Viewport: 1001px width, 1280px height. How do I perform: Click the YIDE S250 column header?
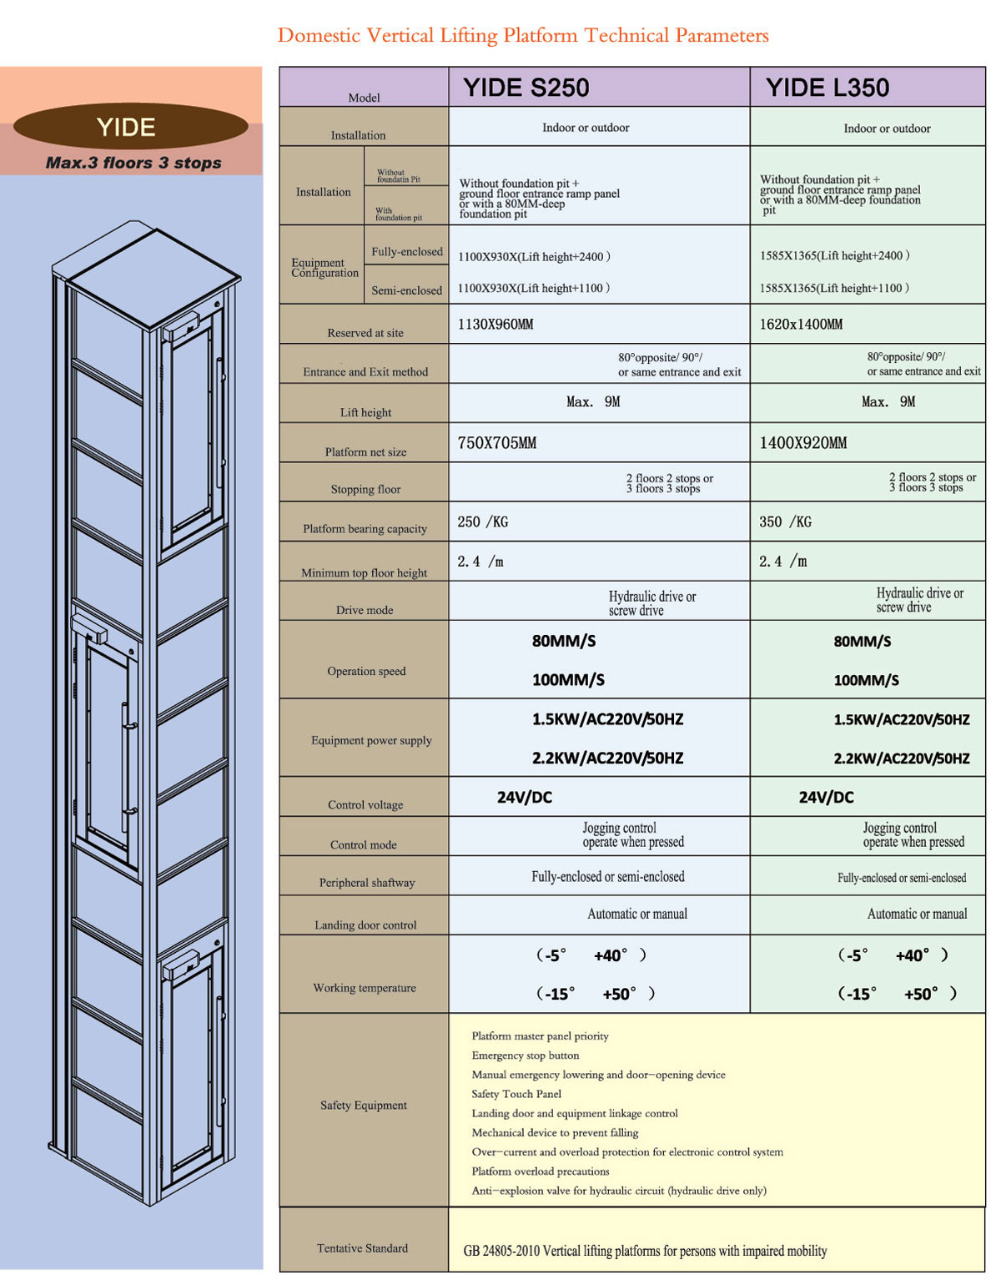(526, 87)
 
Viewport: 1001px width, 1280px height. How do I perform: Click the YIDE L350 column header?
(827, 87)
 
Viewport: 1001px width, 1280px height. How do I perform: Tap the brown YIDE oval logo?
(131, 126)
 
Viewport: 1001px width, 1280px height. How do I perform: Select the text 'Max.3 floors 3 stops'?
(133, 163)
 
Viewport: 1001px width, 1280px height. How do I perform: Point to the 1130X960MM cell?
(495, 325)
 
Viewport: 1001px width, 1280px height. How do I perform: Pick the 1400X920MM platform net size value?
(802, 443)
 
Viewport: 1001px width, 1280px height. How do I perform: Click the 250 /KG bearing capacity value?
(482, 522)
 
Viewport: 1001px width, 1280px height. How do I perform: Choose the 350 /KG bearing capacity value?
(785, 522)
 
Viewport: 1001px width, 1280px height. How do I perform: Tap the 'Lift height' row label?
(365, 412)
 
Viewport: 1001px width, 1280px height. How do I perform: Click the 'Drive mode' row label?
(365, 610)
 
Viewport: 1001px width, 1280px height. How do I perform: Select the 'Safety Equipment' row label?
(364, 1105)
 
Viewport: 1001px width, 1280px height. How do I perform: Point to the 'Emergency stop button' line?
(526, 1055)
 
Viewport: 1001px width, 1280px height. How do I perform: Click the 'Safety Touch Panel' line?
(516, 1094)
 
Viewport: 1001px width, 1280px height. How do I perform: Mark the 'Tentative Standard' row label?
(362, 1248)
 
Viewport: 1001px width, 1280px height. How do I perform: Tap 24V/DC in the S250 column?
(524, 797)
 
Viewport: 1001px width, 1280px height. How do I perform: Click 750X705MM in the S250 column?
(497, 443)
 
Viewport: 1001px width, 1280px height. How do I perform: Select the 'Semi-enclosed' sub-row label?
(406, 290)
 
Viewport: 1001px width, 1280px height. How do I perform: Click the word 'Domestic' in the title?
(319, 35)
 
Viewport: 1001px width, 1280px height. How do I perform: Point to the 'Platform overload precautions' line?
(540, 1171)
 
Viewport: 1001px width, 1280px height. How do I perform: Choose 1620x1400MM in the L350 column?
(801, 325)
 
